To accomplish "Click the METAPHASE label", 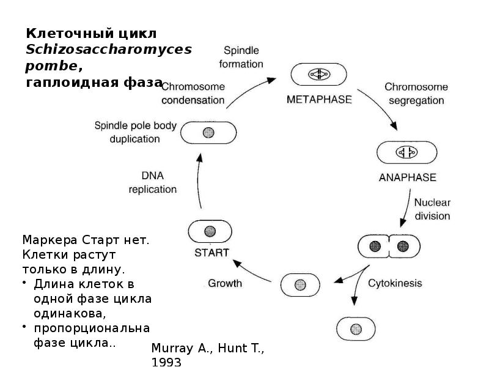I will pyautogui.click(x=319, y=99).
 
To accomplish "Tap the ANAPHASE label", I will pyautogui.click(x=407, y=178).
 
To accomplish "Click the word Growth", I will pyautogui.click(x=225, y=283).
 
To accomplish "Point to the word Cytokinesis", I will pyautogui.click(x=395, y=283).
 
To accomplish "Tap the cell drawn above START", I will pyautogui.click(x=210, y=231).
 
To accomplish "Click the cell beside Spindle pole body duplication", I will pyautogui.click(x=210, y=132).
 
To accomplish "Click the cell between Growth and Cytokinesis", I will pyautogui.click(x=300, y=285).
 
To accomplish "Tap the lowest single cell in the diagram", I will pyautogui.click(x=356, y=328).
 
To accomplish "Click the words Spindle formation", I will pyautogui.click(x=243, y=56).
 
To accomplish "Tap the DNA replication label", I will pyautogui.click(x=152, y=182).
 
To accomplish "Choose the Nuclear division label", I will pyautogui.click(x=432, y=209).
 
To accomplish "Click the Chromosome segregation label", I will pyautogui.click(x=416, y=94).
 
